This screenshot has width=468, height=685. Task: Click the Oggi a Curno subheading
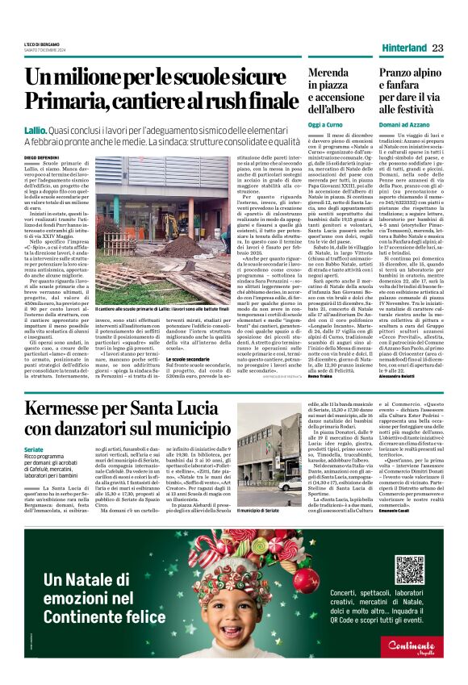pyautogui.click(x=303, y=125)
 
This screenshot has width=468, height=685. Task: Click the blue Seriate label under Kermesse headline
pyautogui.click(x=36, y=449)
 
